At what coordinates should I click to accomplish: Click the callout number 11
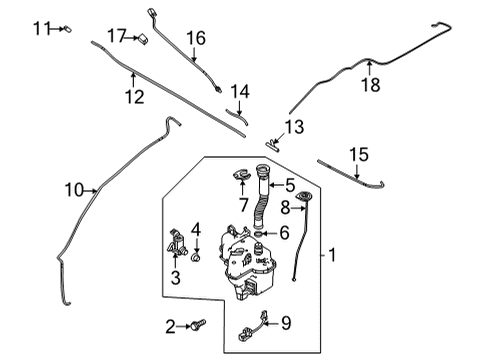click(42, 28)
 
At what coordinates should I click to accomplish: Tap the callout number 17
click(117, 36)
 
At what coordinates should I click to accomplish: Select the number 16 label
click(196, 38)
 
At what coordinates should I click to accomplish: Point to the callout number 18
click(371, 85)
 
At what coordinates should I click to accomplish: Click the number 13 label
click(294, 127)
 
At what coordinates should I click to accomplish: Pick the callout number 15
click(359, 155)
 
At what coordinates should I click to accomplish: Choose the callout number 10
click(74, 190)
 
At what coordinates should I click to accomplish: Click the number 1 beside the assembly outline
click(332, 255)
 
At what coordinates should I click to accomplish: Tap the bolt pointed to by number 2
click(198, 325)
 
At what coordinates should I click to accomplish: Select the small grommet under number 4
click(196, 257)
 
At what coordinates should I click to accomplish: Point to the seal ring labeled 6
click(258, 233)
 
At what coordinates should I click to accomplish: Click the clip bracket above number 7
click(241, 174)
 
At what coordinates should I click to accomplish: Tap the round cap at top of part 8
click(303, 195)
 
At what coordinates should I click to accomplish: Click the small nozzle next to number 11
click(68, 29)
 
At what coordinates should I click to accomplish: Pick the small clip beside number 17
click(143, 39)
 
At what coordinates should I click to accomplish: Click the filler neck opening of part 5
click(262, 169)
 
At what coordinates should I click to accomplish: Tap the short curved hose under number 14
click(237, 116)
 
